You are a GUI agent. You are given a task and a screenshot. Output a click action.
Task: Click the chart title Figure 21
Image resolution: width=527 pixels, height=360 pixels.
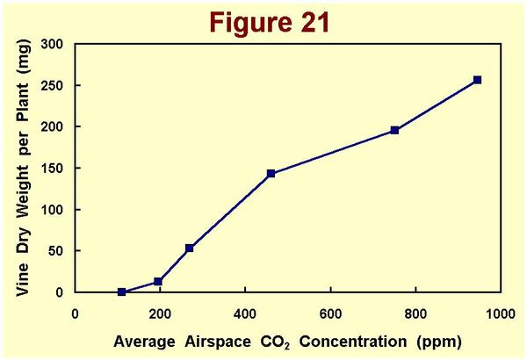pyautogui.click(x=263, y=21)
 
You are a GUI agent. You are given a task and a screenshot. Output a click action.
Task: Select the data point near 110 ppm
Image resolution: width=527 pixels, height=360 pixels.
pyautogui.click(x=121, y=292)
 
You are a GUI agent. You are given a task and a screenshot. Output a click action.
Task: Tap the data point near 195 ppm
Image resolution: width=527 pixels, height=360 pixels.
pyautogui.click(x=158, y=282)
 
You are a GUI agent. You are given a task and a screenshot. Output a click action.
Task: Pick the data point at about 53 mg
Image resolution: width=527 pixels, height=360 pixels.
pyautogui.click(x=189, y=248)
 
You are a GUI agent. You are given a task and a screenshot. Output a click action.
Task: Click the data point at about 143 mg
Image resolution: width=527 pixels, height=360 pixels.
pyautogui.click(x=271, y=174)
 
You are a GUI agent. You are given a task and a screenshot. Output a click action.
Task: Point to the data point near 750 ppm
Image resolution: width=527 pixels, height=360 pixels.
pyautogui.click(x=395, y=130)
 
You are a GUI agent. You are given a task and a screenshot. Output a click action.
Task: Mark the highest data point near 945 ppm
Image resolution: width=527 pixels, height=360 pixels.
pyautogui.click(x=478, y=80)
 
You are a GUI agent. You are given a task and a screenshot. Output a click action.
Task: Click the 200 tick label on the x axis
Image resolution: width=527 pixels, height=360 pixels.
pyautogui.click(x=160, y=312)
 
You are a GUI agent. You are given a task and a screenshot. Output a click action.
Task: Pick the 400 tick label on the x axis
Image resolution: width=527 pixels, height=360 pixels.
pyautogui.click(x=245, y=312)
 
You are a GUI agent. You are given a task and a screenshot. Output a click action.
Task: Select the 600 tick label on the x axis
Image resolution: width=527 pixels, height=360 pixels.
pyautogui.click(x=330, y=312)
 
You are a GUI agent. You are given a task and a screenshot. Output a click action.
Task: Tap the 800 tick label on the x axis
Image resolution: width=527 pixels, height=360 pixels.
pyautogui.click(x=415, y=312)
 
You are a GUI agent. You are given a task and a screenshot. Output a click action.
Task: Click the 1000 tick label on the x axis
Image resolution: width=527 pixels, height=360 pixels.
pyautogui.click(x=500, y=312)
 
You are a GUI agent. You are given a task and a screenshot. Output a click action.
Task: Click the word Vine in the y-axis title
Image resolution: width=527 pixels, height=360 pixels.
pyautogui.click(x=23, y=277)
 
